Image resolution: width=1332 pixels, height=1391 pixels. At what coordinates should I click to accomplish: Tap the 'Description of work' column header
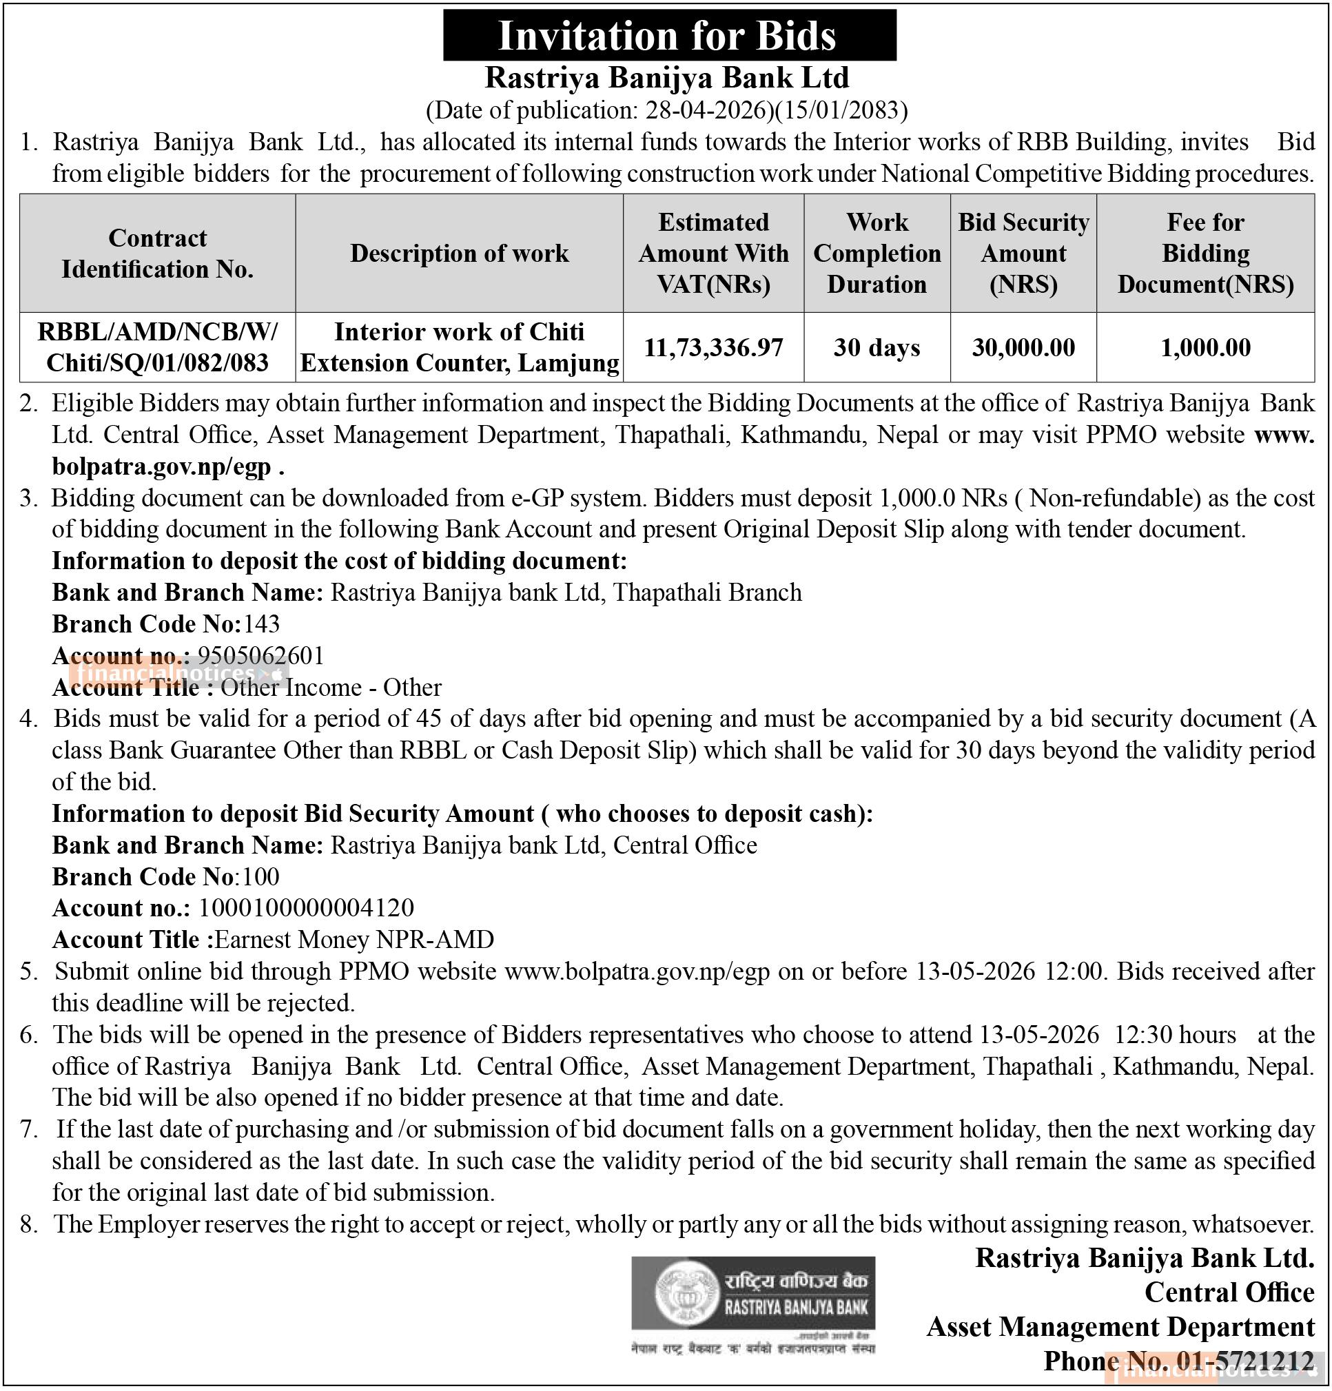point(459,254)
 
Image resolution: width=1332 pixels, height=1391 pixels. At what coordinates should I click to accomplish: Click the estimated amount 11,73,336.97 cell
point(713,347)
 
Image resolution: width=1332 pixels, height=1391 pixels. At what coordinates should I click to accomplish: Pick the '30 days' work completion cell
point(877,347)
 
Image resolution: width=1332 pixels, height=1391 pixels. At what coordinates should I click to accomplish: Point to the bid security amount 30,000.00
point(1023,347)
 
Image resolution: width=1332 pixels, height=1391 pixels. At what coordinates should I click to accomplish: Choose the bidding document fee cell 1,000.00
point(1205,347)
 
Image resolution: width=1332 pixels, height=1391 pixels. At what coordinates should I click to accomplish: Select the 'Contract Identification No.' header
point(158,254)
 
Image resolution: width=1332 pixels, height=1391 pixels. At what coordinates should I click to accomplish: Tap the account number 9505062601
point(260,655)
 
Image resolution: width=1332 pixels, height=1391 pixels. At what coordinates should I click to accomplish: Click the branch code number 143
point(262,624)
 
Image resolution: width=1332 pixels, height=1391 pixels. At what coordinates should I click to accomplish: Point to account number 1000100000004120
point(306,908)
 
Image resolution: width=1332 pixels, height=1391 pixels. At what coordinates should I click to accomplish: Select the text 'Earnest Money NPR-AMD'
point(354,940)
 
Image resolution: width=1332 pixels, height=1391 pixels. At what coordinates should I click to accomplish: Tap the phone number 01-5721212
point(1244,1361)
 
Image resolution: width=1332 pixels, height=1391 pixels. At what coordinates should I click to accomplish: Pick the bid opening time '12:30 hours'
point(1175,1034)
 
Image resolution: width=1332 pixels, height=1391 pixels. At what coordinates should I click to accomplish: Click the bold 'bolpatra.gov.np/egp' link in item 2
point(161,466)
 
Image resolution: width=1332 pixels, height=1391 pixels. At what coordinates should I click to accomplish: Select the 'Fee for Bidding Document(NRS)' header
point(1205,254)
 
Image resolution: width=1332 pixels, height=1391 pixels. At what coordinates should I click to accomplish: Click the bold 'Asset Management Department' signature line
point(1120,1326)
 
